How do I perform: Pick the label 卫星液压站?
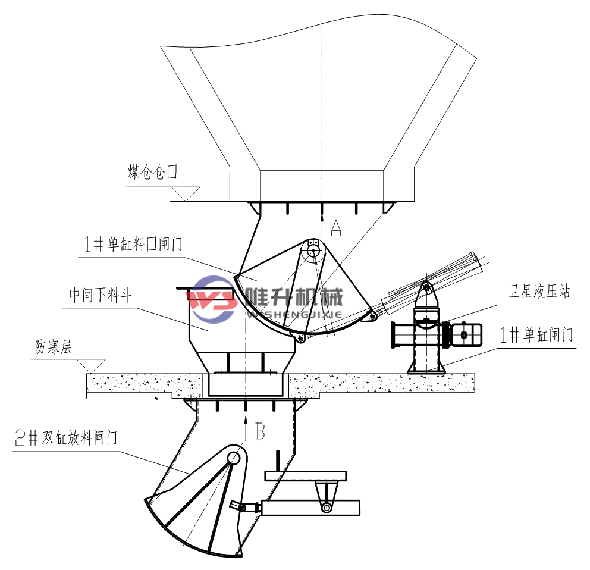[x=539, y=292]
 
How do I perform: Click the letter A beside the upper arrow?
[x=337, y=228]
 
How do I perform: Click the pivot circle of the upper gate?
[x=312, y=252]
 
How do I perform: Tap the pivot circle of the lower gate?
[x=234, y=458]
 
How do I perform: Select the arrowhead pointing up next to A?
[x=321, y=210]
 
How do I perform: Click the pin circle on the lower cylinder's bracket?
[x=325, y=507]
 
